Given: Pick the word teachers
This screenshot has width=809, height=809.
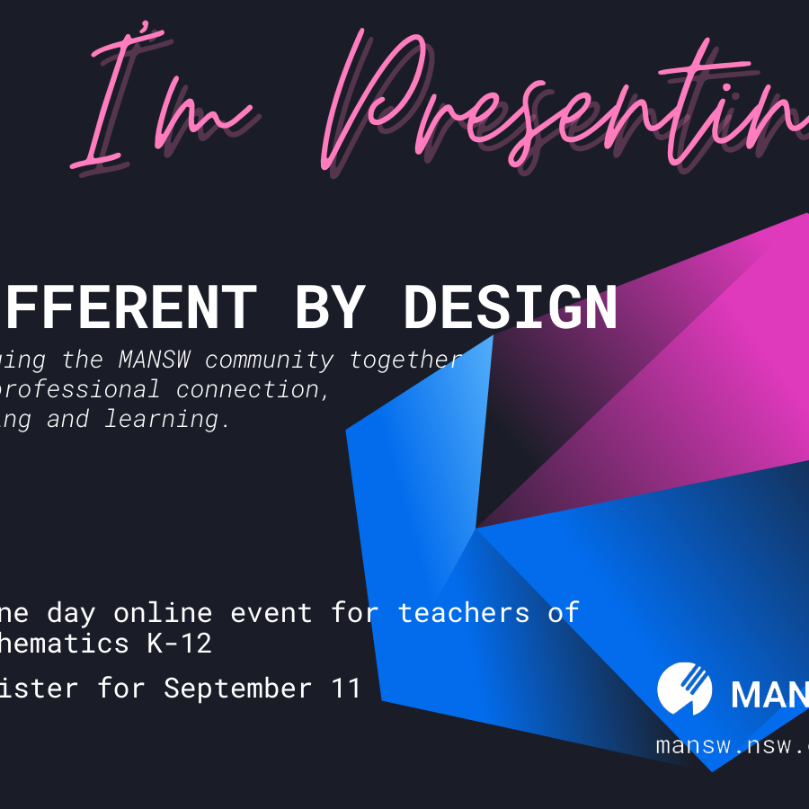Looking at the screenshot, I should pos(464,613).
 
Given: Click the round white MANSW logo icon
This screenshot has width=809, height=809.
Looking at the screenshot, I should pos(685,689).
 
